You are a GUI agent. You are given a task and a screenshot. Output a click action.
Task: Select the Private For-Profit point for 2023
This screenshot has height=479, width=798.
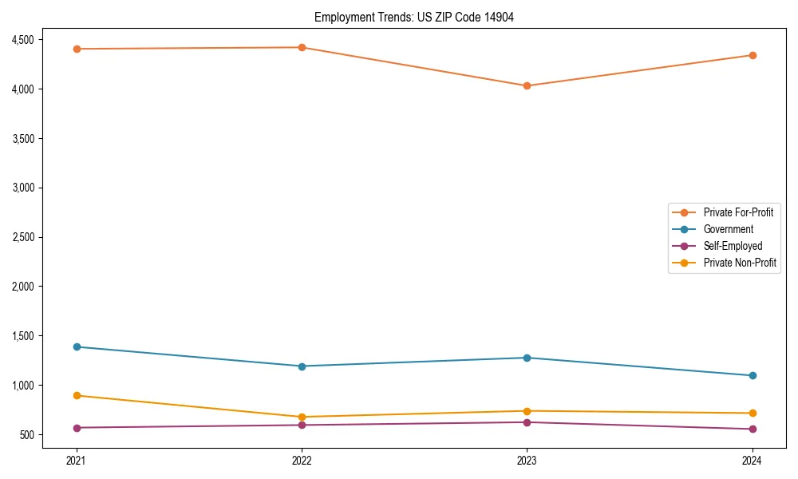pyautogui.click(x=527, y=85)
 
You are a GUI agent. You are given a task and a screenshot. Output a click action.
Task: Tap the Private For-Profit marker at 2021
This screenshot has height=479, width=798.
pyautogui.click(x=77, y=49)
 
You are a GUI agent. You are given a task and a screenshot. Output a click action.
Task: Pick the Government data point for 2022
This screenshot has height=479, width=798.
pyautogui.click(x=302, y=366)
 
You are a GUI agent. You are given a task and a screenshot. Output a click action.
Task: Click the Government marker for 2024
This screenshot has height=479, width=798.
pyautogui.click(x=753, y=375)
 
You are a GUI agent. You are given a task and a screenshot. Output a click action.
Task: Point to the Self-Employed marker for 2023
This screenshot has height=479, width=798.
pyautogui.click(x=527, y=422)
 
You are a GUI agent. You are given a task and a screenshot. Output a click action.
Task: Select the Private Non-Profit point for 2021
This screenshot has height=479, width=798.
pyautogui.click(x=77, y=395)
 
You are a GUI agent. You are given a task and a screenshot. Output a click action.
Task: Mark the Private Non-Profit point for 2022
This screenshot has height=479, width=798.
pyautogui.click(x=302, y=417)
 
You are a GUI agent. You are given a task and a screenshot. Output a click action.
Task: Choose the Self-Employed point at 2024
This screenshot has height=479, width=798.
pyautogui.click(x=753, y=429)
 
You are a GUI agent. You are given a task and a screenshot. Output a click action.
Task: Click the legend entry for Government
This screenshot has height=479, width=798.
pyautogui.click(x=728, y=229)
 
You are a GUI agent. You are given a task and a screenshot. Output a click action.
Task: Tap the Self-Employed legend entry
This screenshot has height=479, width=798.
pyautogui.click(x=733, y=246)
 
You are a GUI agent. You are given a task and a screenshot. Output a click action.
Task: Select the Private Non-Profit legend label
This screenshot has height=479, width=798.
pyautogui.click(x=740, y=263)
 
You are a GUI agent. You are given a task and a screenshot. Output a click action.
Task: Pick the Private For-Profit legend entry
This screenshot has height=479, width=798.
pyautogui.click(x=738, y=212)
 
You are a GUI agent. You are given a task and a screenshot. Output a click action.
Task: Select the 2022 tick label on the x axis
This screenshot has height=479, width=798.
pyautogui.click(x=302, y=460)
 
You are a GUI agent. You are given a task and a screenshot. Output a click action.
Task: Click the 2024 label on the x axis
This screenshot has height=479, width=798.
pyautogui.click(x=753, y=460)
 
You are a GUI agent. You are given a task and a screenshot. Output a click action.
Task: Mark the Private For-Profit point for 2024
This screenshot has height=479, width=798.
pyautogui.click(x=753, y=55)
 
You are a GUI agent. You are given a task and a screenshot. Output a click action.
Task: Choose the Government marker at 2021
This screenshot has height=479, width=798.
pyautogui.click(x=77, y=346)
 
